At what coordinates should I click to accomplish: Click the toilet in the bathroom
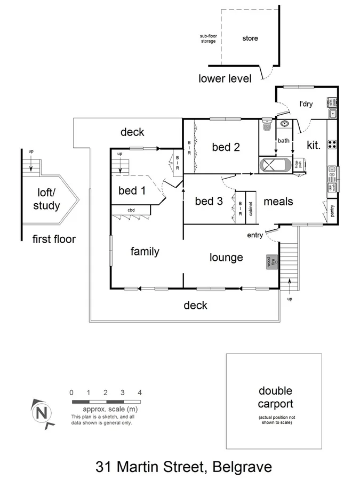pos(267,126)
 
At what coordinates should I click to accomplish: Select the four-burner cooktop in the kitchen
pos(332,144)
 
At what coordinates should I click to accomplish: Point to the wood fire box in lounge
pos(269,262)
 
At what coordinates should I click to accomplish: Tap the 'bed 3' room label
pos(208,201)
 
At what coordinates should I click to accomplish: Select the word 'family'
pos(145,251)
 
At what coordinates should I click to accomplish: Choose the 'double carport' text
pos(276,398)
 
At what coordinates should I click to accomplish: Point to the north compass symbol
pos(41,412)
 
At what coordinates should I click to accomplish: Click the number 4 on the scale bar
pos(139,392)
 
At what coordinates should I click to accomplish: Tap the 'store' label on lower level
pos(250,38)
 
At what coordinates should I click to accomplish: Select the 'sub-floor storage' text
pos(208,39)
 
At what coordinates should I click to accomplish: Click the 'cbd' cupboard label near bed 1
pos(131,210)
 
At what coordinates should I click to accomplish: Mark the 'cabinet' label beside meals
pos(250,205)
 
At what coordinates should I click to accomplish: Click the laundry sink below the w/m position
pos(332,113)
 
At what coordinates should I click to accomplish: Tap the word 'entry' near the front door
pos(255,235)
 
